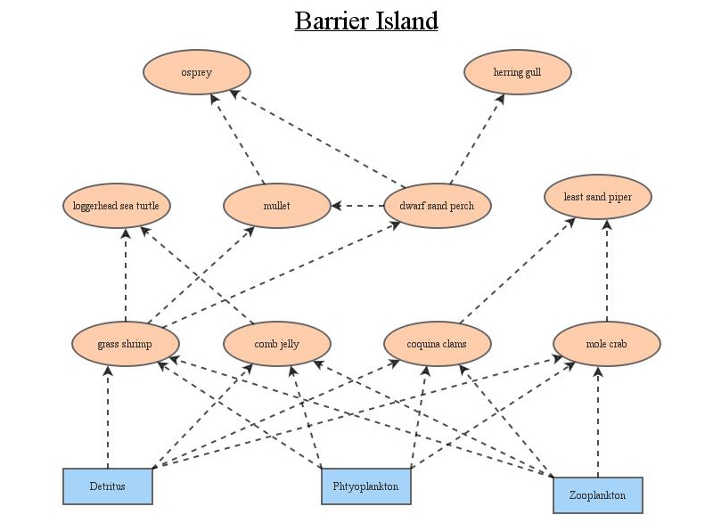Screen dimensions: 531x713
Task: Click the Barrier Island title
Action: point(366,20)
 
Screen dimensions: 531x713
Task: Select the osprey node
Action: point(196,72)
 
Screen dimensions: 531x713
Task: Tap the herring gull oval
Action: point(517,72)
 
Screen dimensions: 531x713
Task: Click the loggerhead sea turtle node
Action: point(116,206)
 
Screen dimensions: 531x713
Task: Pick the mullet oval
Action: point(276,206)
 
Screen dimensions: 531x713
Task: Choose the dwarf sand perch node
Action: point(437,206)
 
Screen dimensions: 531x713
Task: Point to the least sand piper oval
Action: point(597,197)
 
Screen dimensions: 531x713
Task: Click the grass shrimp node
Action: point(125,344)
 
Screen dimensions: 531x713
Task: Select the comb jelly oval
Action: point(276,344)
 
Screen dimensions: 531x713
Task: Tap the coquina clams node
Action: point(437,344)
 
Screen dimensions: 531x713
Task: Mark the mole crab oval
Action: point(606,344)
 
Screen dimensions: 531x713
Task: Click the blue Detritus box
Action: point(107,486)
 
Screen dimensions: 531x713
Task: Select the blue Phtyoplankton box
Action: point(365,486)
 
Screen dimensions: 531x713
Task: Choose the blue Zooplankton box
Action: point(597,495)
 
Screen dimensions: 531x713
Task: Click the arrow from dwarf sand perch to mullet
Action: point(357,206)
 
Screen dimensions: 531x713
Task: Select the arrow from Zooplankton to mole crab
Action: point(598,423)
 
